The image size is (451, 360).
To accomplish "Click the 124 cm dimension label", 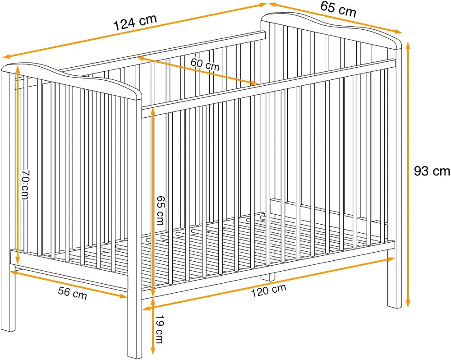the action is tap(135, 22).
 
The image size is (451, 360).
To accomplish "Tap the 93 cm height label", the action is tap(432, 171).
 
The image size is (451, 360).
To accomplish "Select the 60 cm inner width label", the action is tap(205, 65).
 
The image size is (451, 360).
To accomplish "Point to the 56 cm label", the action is tap(72, 293).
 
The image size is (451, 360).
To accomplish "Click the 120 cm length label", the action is tap(269, 290).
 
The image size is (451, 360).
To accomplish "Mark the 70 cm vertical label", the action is tap(25, 184).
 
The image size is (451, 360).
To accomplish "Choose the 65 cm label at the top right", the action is tap(338, 9).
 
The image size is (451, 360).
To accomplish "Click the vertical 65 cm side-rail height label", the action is tap(161, 210).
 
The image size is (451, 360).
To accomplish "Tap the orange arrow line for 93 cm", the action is tap(408, 175).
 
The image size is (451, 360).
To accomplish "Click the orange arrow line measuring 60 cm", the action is tap(198, 71).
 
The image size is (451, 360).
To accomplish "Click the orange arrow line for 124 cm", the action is tap(135, 30).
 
